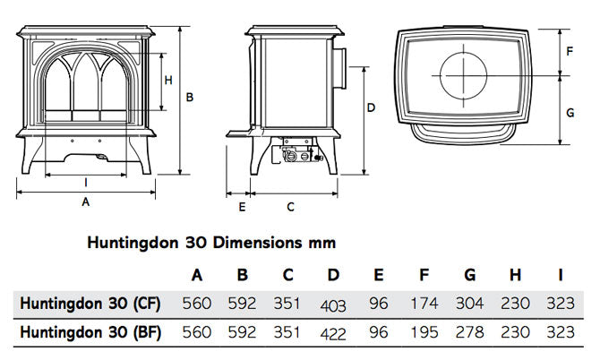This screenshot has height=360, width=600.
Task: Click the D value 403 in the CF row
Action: click(x=332, y=305)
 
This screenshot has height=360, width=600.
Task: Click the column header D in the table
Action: click(x=333, y=274)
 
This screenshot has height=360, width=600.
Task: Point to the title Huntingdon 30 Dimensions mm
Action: click(x=210, y=242)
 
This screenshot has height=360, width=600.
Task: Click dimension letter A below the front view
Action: click(x=86, y=203)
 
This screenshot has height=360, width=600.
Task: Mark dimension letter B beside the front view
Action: click(x=190, y=97)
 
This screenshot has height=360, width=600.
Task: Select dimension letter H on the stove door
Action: click(x=167, y=80)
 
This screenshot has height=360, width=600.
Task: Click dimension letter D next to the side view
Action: click(x=371, y=107)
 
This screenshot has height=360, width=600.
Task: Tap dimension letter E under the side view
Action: click(x=241, y=207)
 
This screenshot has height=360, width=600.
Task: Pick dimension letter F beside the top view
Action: click(x=569, y=51)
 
